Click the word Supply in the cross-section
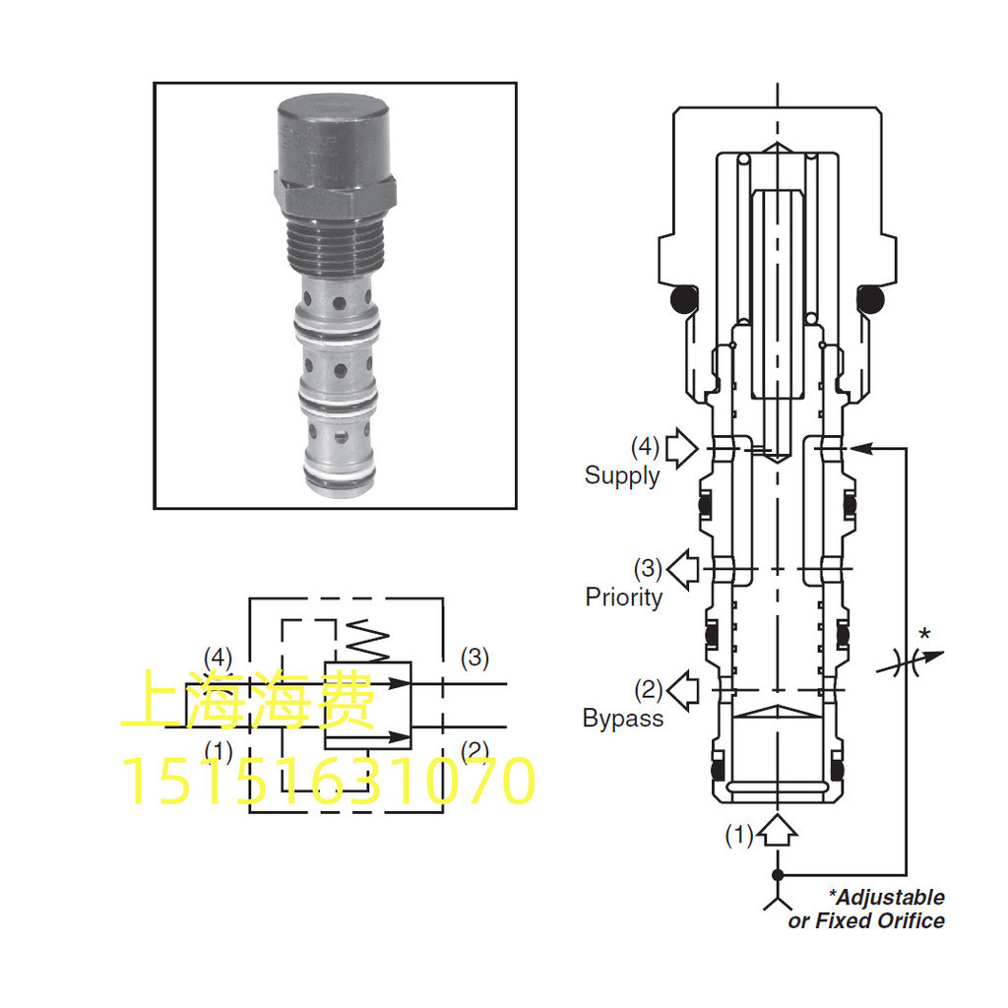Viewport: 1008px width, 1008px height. point(622,476)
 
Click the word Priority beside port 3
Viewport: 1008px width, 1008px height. point(623,598)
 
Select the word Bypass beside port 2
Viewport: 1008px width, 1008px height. point(623,718)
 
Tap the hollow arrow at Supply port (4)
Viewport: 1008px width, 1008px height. point(681,447)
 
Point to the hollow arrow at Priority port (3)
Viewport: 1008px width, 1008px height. point(683,569)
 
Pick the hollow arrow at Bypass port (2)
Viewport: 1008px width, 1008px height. point(683,690)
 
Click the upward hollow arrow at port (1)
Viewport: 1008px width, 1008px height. point(778,830)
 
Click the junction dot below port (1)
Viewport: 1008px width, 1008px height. point(778,875)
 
